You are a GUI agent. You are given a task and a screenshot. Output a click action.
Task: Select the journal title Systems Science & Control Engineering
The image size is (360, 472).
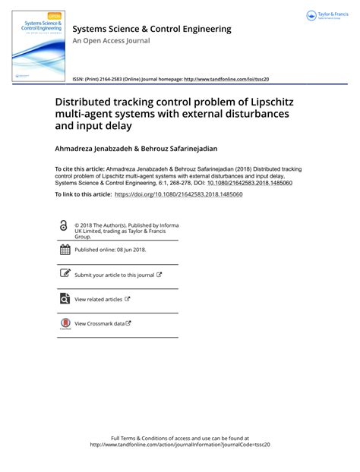[152, 29]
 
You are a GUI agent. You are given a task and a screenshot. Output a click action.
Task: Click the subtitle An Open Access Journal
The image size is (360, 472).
[110, 42]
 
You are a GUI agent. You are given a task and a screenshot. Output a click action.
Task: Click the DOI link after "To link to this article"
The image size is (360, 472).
[178, 195]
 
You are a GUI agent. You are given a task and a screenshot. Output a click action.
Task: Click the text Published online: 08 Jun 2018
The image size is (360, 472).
[111, 250]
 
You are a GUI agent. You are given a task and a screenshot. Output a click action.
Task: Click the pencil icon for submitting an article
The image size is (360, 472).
[65, 275]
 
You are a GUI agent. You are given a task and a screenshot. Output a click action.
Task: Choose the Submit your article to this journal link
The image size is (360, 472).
[114, 275]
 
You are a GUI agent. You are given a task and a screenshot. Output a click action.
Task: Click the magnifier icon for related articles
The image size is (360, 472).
[65, 299]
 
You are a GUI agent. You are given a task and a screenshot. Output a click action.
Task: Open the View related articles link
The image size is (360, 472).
[99, 300]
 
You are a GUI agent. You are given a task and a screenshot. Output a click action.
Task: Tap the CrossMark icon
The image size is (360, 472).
[65, 324]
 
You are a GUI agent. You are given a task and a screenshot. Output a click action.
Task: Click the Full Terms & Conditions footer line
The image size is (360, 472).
[180, 439]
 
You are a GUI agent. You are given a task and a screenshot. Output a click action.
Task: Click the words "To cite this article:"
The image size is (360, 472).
[81, 169]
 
